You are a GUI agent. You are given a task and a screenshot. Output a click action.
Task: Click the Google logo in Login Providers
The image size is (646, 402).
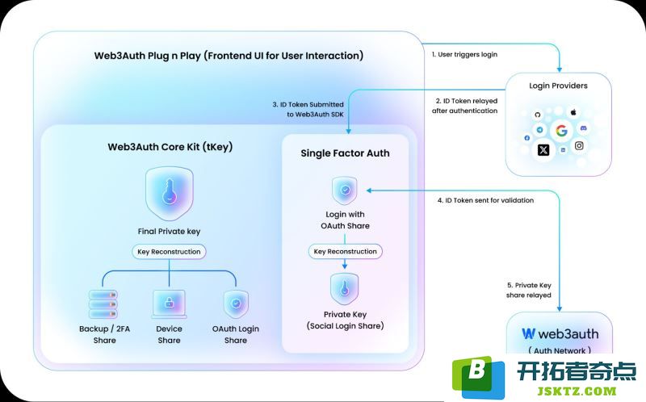click(561, 131)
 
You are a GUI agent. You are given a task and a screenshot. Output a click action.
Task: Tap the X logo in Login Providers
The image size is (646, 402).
click(543, 150)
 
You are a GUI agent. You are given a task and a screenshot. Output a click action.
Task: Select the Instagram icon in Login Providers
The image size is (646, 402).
click(579, 145)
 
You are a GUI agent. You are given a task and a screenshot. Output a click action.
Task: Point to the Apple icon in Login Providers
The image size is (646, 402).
click(573, 111)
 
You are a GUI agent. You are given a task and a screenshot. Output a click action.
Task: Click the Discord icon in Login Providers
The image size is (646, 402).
click(583, 128)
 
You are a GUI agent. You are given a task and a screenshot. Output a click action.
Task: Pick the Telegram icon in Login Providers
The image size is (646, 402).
click(539, 130)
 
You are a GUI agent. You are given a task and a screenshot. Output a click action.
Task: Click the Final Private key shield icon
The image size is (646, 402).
click(170, 194)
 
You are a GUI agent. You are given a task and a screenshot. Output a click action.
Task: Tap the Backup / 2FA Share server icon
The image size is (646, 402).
click(103, 304)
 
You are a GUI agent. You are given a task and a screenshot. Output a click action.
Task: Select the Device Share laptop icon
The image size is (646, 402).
click(169, 304)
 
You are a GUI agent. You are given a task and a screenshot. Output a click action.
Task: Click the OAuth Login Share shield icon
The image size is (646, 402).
click(236, 304)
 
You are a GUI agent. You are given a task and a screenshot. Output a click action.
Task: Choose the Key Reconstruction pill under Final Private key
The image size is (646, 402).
click(169, 252)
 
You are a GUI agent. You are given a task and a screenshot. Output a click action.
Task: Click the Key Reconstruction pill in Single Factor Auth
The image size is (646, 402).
click(346, 251)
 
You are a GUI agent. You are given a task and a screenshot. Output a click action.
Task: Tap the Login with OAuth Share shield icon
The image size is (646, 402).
click(345, 191)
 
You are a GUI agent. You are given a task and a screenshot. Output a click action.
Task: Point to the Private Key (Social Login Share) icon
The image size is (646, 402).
click(345, 289)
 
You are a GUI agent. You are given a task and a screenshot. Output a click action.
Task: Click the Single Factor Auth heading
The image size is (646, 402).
click(345, 153)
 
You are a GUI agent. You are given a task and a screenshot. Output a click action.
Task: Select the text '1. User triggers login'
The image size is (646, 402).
click(464, 54)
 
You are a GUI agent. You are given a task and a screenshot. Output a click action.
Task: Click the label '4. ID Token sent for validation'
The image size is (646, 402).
click(485, 200)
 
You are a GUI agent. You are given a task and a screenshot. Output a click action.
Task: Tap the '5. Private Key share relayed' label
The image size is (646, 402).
click(529, 290)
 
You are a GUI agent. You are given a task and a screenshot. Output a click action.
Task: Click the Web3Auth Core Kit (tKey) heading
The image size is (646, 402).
click(170, 147)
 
